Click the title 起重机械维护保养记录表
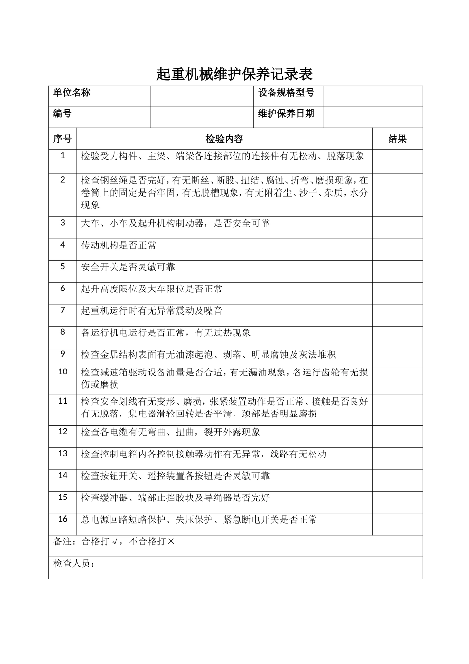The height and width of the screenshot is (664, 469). tap(234, 74)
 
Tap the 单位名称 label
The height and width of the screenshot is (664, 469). tap(72, 92)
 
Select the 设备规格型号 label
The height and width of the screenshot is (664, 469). tap(286, 92)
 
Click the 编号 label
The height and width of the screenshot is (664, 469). tap(62, 113)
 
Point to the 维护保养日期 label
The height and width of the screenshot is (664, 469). tap(286, 113)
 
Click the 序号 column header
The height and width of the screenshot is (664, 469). tap(62, 139)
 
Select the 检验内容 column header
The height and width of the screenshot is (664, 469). tap(224, 139)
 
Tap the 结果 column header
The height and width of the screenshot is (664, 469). tap(397, 139)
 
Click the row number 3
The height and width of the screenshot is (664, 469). tap(63, 222)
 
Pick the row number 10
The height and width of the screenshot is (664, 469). tap(63, 372)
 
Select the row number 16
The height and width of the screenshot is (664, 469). tap(63, 519)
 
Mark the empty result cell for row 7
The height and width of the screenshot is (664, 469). tap(397, 315)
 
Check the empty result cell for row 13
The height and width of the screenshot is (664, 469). tap(397, 458)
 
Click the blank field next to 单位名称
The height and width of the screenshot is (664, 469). tap(201, 96)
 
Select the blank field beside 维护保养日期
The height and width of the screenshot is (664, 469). tap(373, 117)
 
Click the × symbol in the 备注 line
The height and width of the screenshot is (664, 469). tap(171, 541)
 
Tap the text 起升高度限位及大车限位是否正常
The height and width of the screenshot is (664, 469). tap(152, 289)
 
